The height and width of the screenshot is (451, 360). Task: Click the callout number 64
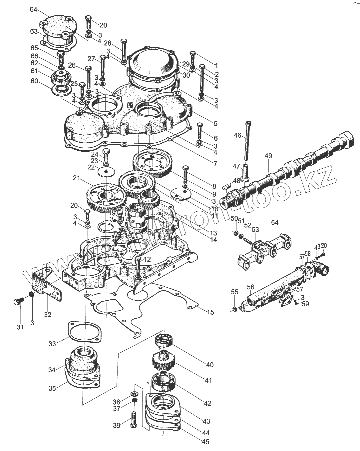coord(34,9)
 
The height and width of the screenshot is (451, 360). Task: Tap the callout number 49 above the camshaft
coord(268,156)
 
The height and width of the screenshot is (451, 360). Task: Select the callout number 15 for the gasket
coord(210,312)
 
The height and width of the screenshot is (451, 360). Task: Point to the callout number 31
coord(20,327)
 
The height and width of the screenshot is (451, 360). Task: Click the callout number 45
coord(206,442)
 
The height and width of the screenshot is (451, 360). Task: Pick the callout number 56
coord(251,287)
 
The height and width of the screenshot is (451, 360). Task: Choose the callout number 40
coord(209,365)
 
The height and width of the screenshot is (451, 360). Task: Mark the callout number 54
coord(274,223)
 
